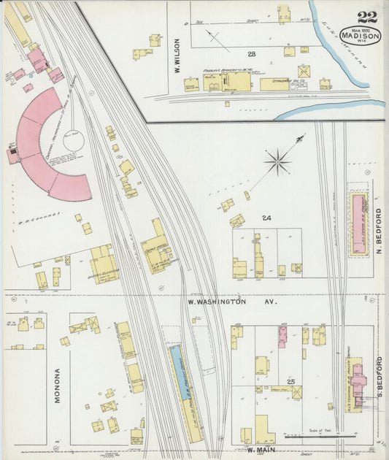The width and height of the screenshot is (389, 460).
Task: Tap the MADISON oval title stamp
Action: click(x=360, y=36)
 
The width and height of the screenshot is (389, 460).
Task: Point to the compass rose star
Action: click(x=278, y=161)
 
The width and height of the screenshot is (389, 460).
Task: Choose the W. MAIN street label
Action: click(x=259, y=451)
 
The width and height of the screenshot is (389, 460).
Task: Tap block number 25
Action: click(x=290, y=383)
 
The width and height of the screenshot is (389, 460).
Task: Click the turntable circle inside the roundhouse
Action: click(x=74, y=139)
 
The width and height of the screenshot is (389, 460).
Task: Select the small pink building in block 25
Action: click(x=282, y=337)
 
